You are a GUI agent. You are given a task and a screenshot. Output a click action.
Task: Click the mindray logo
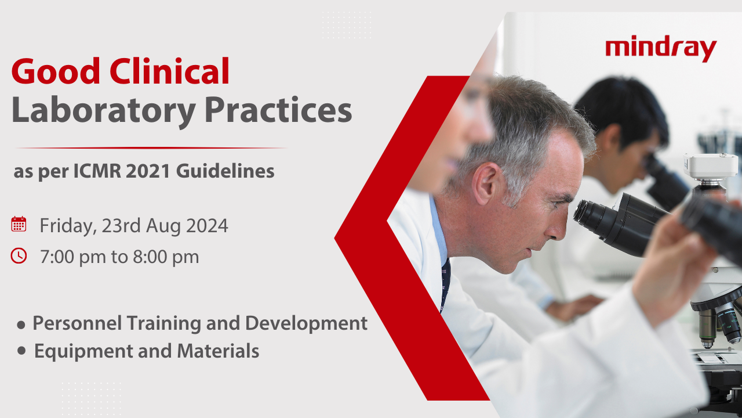coord(661,48)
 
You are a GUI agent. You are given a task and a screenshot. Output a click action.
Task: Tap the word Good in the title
coord(56,71)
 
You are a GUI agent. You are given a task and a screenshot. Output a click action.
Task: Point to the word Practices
coord(278,110)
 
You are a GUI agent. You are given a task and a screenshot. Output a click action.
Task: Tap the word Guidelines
coord(225,171)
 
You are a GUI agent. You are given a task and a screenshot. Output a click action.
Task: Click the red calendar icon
coord(19,224)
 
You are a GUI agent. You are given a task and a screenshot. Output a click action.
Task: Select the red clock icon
coord(19,256)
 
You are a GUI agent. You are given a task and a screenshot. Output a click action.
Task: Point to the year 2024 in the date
coord(207,226)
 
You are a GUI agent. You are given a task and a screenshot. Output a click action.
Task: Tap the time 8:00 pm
coord(166,257)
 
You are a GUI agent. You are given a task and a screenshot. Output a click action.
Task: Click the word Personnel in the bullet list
coord(77,323)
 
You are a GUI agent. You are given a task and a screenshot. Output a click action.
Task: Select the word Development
coord(307,323)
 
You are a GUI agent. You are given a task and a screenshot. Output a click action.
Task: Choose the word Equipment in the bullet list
coord(83,352)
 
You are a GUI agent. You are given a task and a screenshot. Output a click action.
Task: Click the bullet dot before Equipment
coord(22,351)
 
